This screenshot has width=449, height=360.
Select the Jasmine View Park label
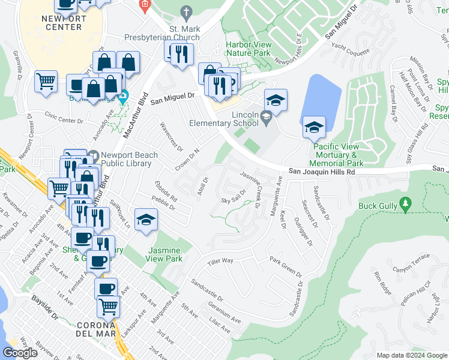[164, 255]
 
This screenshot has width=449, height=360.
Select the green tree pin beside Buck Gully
[406, 206]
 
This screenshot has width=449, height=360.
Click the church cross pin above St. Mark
[187, 11]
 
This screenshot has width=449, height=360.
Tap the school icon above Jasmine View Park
[146, 220]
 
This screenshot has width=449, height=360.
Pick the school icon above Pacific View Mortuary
[314, 127]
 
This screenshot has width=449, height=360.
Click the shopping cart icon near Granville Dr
[46, 81]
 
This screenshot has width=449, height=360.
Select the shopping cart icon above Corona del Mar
[108, 306]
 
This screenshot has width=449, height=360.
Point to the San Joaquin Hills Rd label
[321, 172]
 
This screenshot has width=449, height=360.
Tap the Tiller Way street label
[220, 261]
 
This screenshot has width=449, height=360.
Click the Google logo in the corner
[20, 353]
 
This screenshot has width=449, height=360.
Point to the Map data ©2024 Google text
[411, 355]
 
